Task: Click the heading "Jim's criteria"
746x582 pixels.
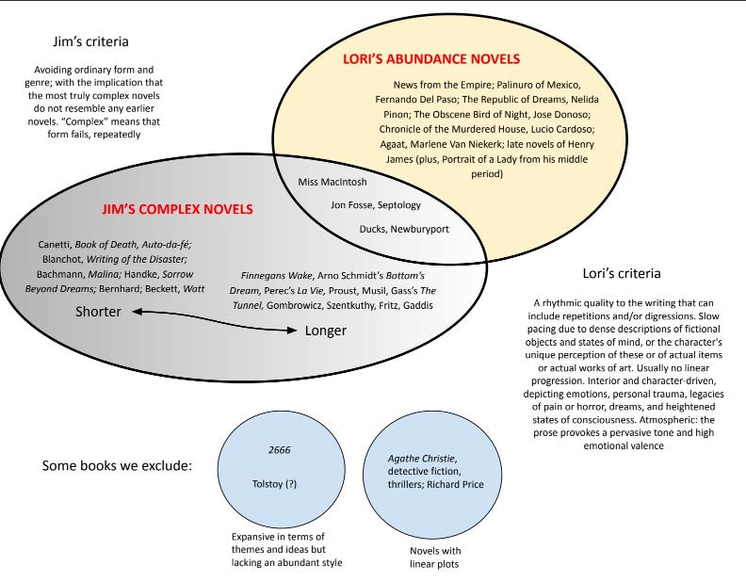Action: [91, 42]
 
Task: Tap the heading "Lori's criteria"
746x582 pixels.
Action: [621, 273]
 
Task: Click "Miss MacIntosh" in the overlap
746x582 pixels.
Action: [332, 181]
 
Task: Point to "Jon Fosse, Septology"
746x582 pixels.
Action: [376, 204]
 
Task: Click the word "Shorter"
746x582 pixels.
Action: [98, 312]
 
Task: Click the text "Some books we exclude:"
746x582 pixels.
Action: [116, 466]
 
